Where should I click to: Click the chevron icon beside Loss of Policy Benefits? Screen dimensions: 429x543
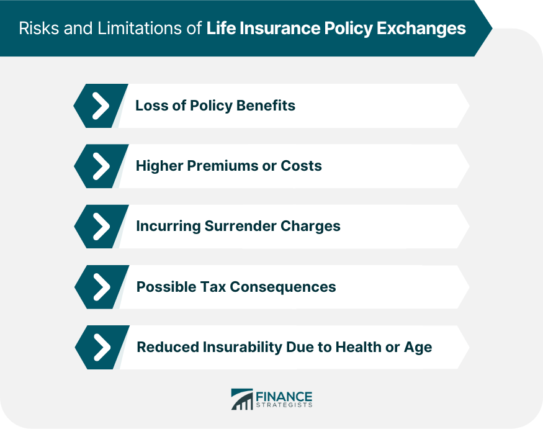(x=99, y=106)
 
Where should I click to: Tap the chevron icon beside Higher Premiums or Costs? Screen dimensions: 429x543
(x=99, y=166)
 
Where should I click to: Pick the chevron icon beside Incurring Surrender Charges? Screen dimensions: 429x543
(x=99, y=226)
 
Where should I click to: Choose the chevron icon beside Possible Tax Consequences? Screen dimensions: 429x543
(x=99, y=287)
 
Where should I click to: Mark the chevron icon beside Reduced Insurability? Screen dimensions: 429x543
(x=99, y=347)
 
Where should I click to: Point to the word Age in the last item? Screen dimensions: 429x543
(x=417, y=347)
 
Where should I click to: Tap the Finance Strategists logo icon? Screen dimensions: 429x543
(x=241, y=399)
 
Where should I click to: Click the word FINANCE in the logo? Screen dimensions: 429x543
(x=284, y=395)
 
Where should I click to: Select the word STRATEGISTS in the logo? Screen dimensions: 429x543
(x=284, y=405)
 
